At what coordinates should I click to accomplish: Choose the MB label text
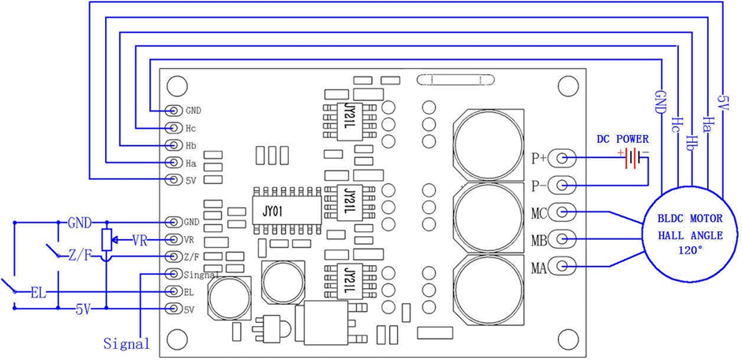point(539,241)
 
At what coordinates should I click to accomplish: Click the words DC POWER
point(622,139)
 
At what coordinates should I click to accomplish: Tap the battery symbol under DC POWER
point(632,159)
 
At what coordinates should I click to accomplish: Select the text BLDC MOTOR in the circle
point(691,219)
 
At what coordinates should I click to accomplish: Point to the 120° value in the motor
point(691,250)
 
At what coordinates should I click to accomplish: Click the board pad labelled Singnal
point(175,274)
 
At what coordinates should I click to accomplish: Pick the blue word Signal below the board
point(127,343)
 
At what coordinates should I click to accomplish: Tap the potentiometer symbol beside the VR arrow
point(108,240)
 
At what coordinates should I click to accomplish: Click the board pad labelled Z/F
point(175,257)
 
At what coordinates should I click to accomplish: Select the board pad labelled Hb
point(175,145)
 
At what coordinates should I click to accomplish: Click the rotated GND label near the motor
point(660,101)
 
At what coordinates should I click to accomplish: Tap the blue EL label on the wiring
point(39,292)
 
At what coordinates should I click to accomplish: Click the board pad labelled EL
point(175,291)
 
